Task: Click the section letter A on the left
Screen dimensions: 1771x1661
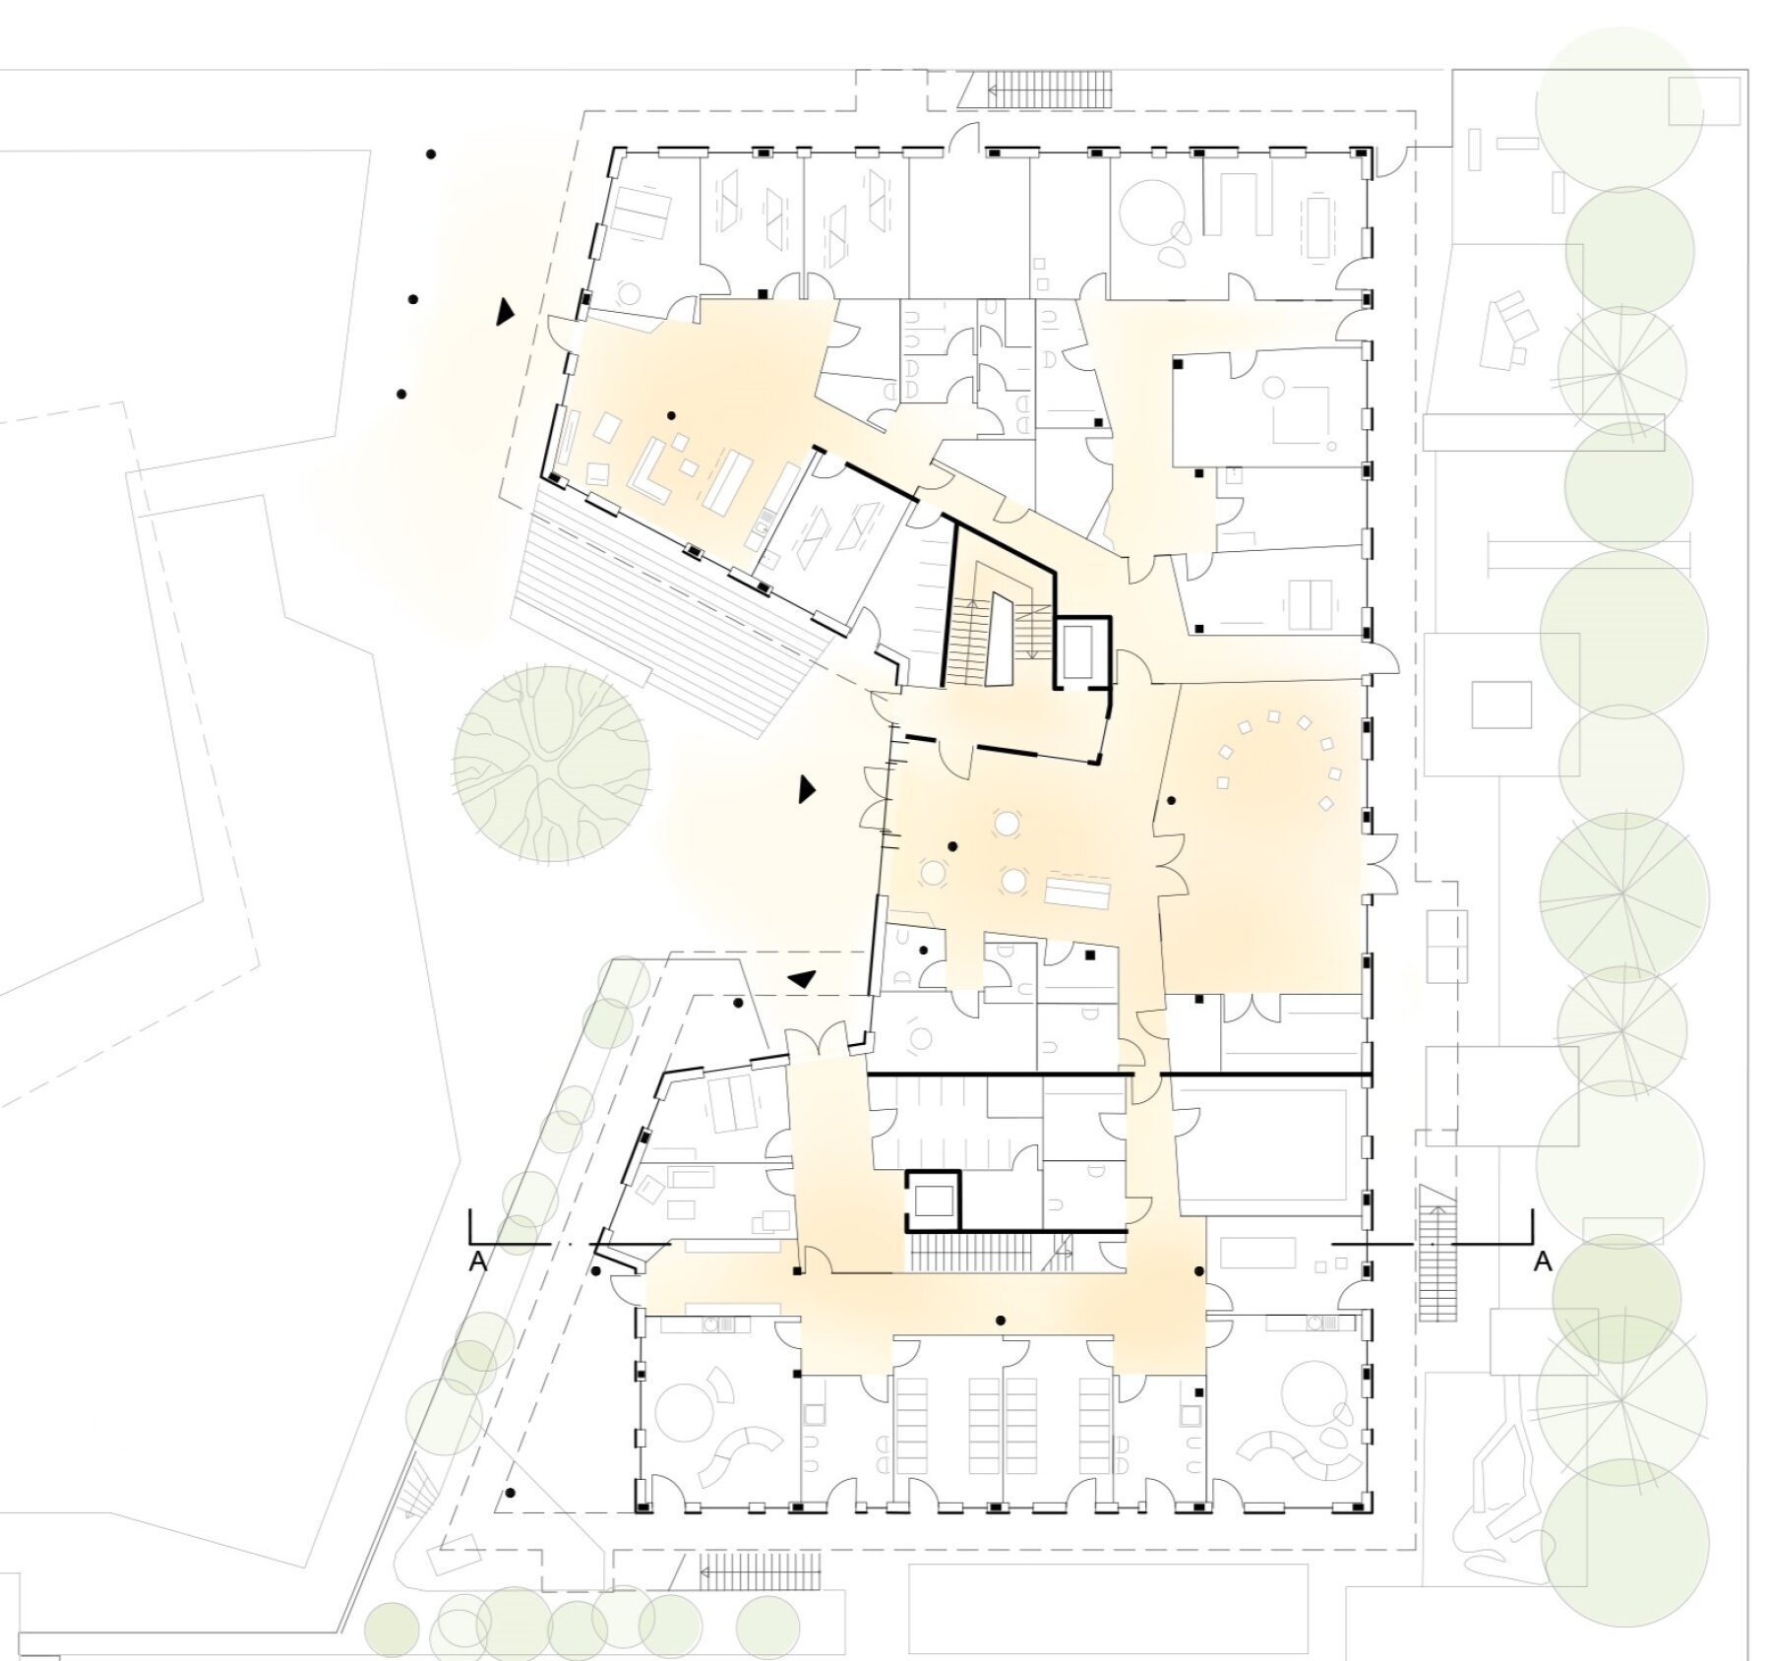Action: pos(478,1261)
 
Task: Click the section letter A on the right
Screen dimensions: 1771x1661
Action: pos(1543,1261)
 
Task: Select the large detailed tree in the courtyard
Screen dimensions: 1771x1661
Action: pos(551,764)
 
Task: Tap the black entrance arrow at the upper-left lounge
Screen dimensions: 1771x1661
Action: pos(505,312)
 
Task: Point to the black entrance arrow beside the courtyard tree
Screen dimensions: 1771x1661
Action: pos(807,788)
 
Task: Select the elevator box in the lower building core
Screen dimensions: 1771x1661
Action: pos(932,1200)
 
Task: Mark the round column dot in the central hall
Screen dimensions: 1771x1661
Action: pos(952,846)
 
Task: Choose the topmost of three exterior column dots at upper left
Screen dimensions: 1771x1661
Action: pos(430,154)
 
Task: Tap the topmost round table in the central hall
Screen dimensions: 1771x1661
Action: pos(1007,822)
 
